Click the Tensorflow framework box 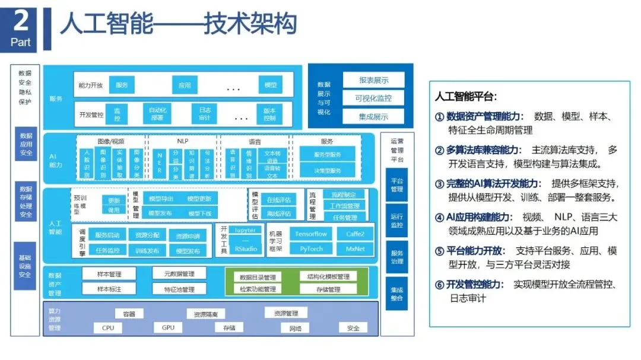pyautogui.click(x=311, y=234)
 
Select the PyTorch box pyautogui.click(x=311, y=249)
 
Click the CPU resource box pyautogui.click(x=108, y=327)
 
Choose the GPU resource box pyautogui.click(x=168, y=327)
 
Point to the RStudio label pyautogui.click(x=246, y=249)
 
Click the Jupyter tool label pyautogui.click(x=246, y=230)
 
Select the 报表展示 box pyautogui.click(x=373, y=80)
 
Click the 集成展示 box pyautogui.click(x=373, y=117)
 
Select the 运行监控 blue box pyautogui.click(x=396, y=221)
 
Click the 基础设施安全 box pyautogui.click(x=26, y=266)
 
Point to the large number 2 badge pyautogui.click(x=21, y=22)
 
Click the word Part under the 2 pyautogui.click(x=21, y=43)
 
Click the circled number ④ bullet pyautogui.click(x=440, y=217)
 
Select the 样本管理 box pyautogui.click(x=109, y=274)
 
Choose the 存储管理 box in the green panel pyautogui.click(x=328, y=289)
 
